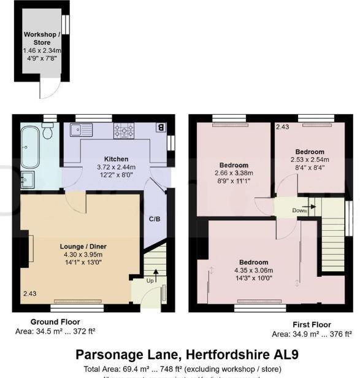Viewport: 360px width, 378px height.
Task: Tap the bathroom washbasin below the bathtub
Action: point(28,180)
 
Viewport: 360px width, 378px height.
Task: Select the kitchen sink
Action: point(80,129)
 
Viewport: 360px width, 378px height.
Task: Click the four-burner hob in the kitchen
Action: point(124,130)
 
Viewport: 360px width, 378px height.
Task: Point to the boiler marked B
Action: point(161,128)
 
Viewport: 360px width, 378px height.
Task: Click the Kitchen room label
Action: point(116,158)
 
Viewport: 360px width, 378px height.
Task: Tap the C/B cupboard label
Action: point(155,218)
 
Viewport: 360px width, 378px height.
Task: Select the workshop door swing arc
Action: point(47,90)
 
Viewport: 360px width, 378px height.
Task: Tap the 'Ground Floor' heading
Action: point(55,322)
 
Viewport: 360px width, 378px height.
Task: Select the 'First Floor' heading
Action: point(312,325)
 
